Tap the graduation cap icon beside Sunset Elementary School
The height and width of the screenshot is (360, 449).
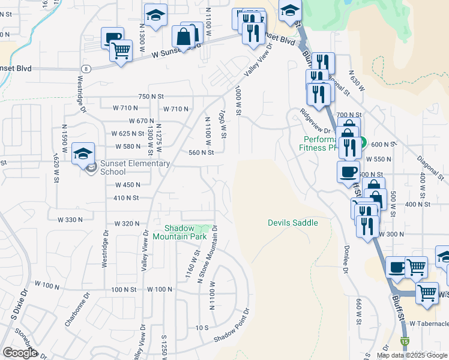[x=83, y=154]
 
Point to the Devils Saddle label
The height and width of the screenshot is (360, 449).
[x=292, y=223]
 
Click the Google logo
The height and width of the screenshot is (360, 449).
[x=20, y=353]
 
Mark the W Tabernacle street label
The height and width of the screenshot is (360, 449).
[x=429, y=323]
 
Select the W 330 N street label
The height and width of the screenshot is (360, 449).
[x=69, y=220]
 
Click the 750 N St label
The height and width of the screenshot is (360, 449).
[x=151, y=96]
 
